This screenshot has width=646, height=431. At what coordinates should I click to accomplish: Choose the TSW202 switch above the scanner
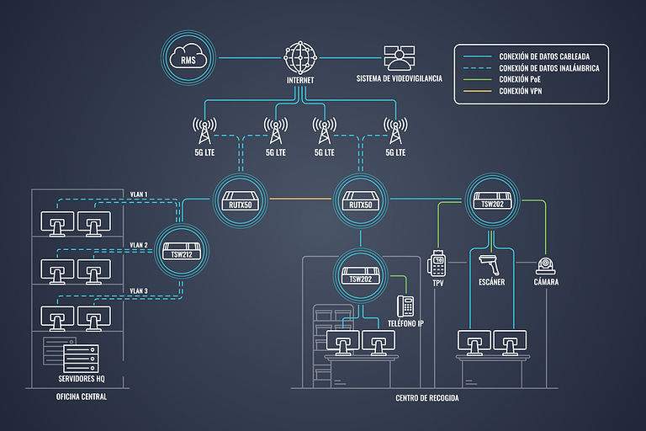(x=491, y=200)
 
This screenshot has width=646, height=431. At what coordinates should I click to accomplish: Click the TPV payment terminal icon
(x=437, y=263)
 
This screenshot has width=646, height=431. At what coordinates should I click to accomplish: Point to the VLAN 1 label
(x=139, y=194)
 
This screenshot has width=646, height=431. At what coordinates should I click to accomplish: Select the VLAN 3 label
(x=139, y=291)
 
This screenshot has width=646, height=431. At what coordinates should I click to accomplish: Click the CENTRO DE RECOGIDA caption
(x=427, y=396)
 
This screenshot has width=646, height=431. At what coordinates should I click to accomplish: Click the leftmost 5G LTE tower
(x=204, y=130)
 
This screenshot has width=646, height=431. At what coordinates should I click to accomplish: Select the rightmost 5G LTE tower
(x=394, y=130)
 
